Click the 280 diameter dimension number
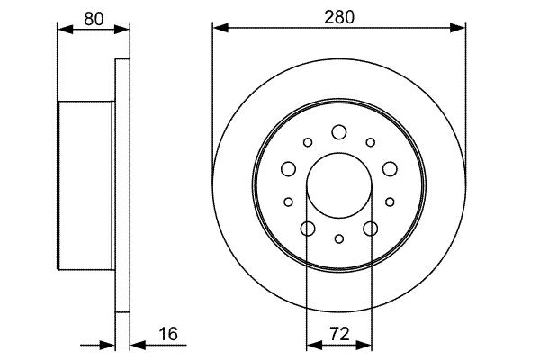(x=339, y=17)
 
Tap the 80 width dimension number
(x=94, y=19)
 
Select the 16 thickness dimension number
(x=168, y=334)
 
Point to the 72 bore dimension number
(x=339, y=334)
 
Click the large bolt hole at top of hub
(x=339, y=132)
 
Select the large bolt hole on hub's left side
(x=289, y=169)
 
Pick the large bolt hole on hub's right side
(x=390, y=169)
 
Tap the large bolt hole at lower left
(x=308, y=229)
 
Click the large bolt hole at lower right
(x=371, y=229)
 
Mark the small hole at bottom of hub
(x=339, y=238)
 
